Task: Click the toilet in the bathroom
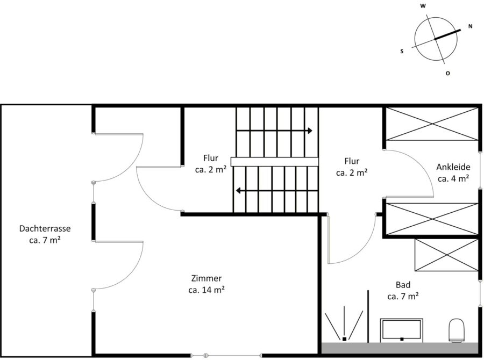pos(457,330)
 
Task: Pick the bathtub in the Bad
pos(402,330)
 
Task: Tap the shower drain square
pos(344,339)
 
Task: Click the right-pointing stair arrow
pos(274,131)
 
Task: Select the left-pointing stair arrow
pos(277,191)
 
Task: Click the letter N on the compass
pos(471,26)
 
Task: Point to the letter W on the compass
pos(423,6)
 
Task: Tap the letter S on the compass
pos(402,51)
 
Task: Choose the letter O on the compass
pos(447,74)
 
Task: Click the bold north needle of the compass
pos(447,34)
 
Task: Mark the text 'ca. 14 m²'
pos(207,290)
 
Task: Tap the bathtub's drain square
pos(402,339)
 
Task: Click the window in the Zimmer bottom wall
pos(226,356)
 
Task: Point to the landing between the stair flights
pos(274,162)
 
